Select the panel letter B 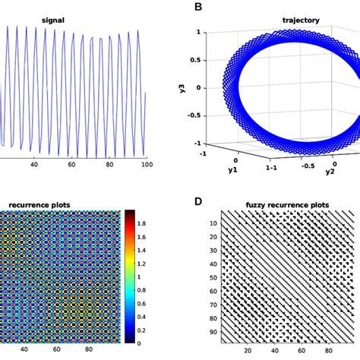tap(198, 7)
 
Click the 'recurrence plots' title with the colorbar tap(40, 204)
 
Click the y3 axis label tap(182, 88)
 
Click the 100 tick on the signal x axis tap(147, 164)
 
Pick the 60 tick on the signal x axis tap(71, 164)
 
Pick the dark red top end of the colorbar tap(130, 213)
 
